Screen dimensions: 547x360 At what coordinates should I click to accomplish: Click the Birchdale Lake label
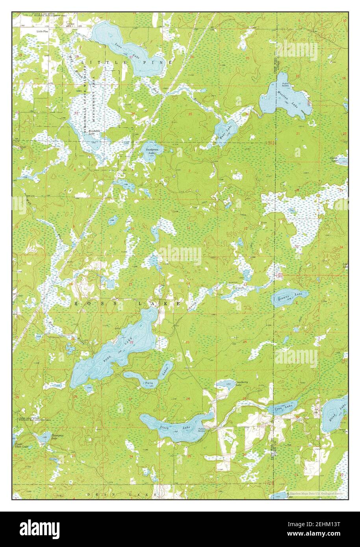tap(91, 132)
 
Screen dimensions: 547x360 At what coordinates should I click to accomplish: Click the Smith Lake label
tap(334, 159)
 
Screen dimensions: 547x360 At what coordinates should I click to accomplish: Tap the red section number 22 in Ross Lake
tap(132, 342)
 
